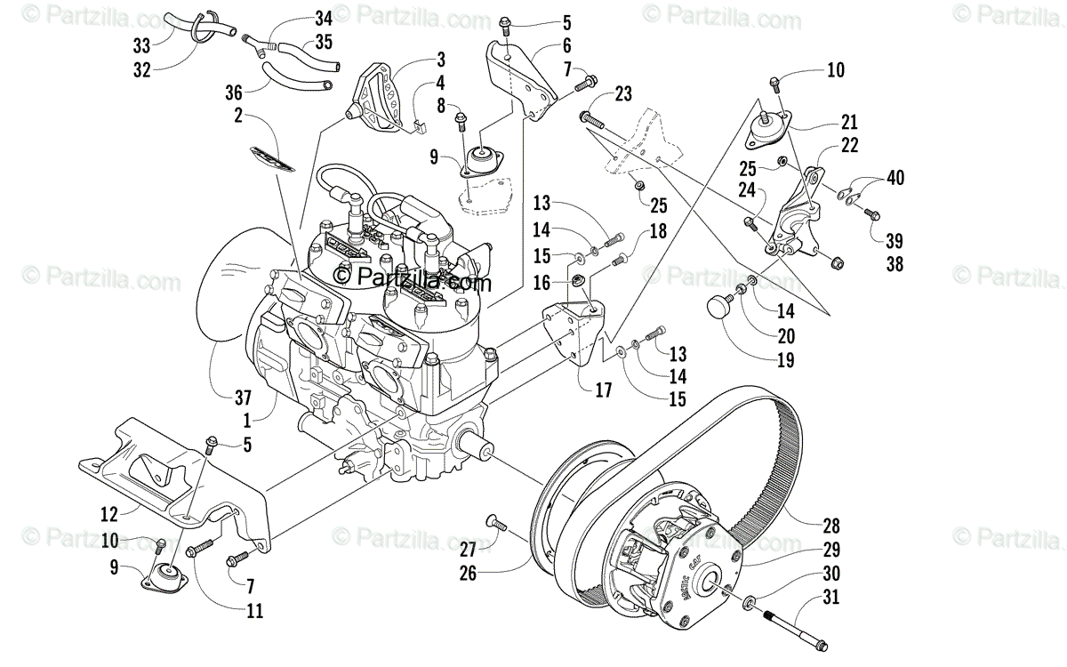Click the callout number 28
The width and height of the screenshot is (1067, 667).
[x=831, y=526]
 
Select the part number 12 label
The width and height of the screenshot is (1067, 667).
[x=109, y=512]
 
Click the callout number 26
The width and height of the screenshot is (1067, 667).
[x=468, y=574]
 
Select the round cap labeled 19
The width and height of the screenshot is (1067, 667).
[x=720, y=308]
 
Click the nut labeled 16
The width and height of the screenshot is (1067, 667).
[x=575, y=283]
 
